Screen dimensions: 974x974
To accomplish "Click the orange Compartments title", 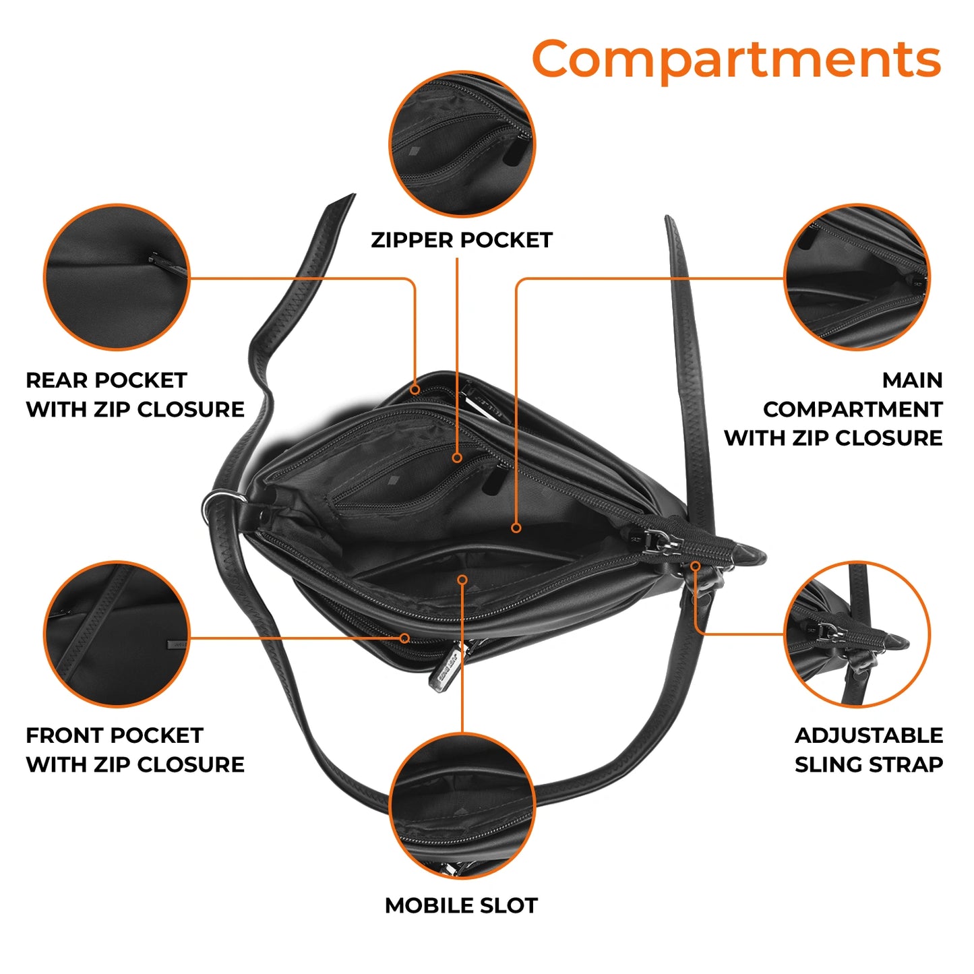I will point(736,59).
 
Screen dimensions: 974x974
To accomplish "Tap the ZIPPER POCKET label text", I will point(462,240).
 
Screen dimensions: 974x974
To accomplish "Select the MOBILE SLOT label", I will point(462,905).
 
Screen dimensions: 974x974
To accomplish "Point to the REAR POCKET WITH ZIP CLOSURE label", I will point(135,395).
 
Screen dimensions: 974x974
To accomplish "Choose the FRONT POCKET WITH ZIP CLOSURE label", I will point(135,750).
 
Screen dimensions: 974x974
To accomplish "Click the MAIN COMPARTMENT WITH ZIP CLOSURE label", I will point(833,409).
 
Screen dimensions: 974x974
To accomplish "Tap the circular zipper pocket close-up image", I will point(462,144).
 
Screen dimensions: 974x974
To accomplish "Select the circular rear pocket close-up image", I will point(117,277).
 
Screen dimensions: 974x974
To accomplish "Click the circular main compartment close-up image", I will point(857,277).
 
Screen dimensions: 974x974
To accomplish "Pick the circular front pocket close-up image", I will point(117,634).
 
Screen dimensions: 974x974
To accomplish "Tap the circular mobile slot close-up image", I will point(462,805).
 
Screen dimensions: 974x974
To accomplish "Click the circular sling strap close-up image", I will point(857,634).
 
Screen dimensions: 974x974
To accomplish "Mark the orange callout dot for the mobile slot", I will point(462,580).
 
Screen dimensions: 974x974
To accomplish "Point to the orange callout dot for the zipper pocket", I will point(457,458).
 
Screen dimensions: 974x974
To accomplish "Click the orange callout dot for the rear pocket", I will point(416,390).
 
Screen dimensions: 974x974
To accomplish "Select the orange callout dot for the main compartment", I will point(516,528).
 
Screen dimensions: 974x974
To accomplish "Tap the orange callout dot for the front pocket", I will point(404,638).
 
